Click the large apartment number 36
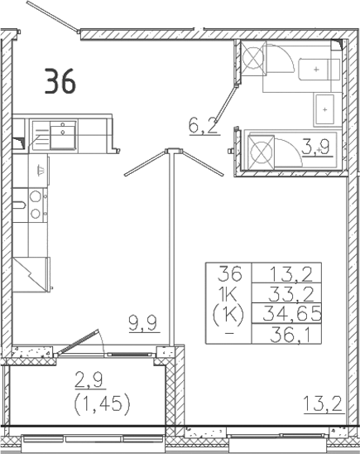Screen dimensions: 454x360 coord(60,82)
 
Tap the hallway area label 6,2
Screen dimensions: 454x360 coord(204,126)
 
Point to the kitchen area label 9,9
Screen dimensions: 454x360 coord(142,323)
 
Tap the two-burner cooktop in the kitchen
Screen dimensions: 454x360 coord(36,205)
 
